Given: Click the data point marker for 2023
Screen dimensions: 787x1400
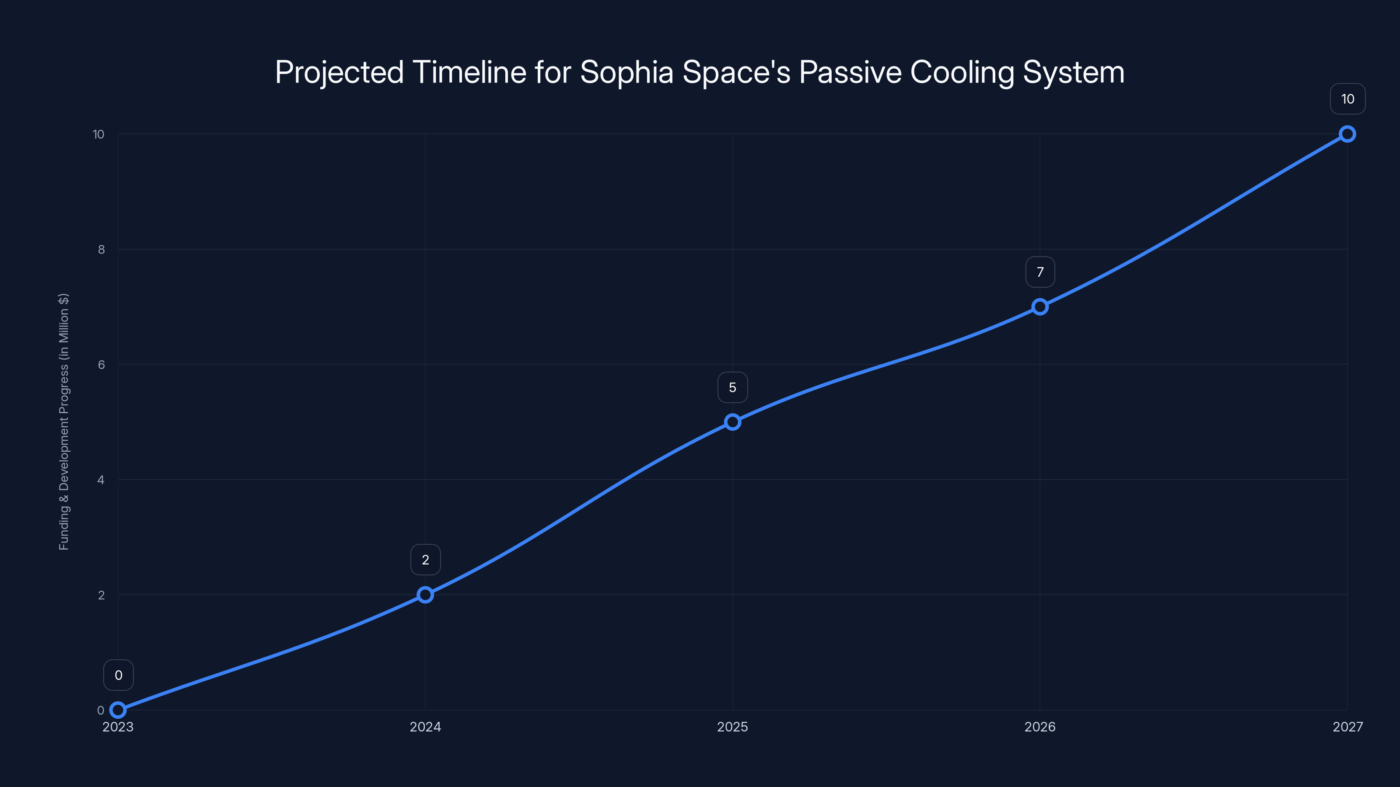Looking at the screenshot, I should point(118,710).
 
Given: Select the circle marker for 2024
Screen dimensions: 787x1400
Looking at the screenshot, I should point(425,595).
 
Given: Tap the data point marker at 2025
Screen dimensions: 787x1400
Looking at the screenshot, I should point(733,422).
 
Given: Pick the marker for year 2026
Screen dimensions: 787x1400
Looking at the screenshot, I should point(1039,307).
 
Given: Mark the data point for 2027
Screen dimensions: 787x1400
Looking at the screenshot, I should point(1347,134).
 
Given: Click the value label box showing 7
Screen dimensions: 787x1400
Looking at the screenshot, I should point(1039,272).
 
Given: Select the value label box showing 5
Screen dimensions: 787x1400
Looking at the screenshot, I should point(733,387).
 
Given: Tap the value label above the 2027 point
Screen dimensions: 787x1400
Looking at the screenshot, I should point(1347,99).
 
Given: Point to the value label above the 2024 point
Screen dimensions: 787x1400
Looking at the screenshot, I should point(425,560).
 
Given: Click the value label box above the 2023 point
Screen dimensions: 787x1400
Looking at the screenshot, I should point(118,675).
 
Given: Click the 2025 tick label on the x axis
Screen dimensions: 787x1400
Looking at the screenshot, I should point(733,727).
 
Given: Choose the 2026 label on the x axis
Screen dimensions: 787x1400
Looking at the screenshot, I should point(1039,727).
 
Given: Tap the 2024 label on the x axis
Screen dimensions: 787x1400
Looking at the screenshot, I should point(425,727).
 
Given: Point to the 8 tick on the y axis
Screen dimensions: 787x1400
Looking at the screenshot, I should point(101,249).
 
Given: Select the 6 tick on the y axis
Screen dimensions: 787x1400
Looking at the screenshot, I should point(101,365).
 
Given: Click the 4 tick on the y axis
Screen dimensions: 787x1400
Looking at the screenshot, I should point(101,480).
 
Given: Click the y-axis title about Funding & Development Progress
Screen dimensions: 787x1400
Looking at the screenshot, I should point(63,421).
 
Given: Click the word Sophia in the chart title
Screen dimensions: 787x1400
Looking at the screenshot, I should point(626,72).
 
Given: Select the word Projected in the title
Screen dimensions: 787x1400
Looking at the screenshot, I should point(339,72).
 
